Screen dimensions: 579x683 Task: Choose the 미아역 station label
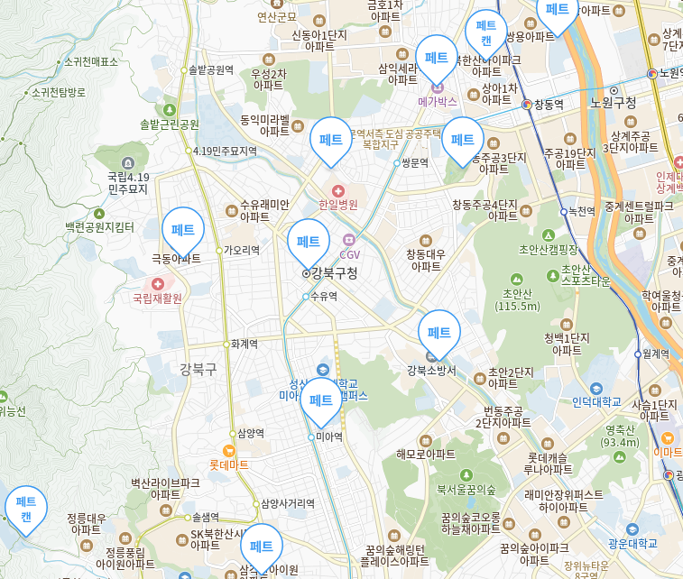coord(329,437)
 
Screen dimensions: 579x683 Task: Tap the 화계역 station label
coord(244,344)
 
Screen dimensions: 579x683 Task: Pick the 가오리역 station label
coord(242,250)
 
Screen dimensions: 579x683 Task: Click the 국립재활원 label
coord(157,298)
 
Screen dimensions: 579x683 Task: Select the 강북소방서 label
coord(431,370)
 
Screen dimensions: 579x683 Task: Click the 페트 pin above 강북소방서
coord(439,332)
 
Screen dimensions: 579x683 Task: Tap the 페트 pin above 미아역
coord(321,400)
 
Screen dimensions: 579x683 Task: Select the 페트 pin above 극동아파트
coord(183,229)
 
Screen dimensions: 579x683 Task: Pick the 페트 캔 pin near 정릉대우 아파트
coord(26,508)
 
